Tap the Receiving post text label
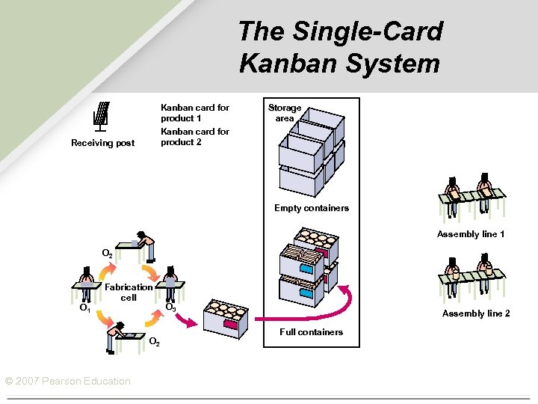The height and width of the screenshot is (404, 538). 102,143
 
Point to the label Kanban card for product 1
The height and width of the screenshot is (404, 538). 194,113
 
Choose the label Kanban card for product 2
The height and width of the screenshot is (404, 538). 194,137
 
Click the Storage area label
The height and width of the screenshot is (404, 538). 285,113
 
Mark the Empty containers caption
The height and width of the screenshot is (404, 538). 311,208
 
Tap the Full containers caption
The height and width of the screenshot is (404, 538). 311,332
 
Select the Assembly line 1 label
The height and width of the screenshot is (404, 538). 471,234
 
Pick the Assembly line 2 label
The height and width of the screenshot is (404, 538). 476,313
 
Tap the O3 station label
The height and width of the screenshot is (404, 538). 170,307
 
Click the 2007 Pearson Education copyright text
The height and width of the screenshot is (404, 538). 67,382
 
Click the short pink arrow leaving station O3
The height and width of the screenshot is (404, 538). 189,319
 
